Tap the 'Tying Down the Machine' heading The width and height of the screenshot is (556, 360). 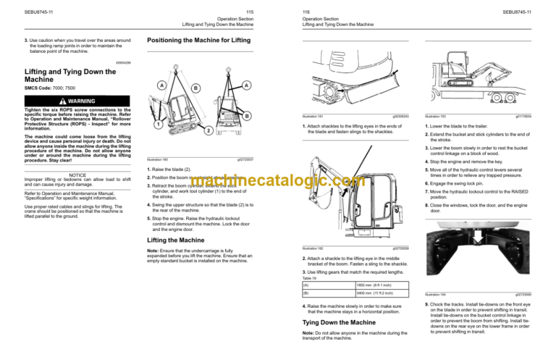coord(336,320)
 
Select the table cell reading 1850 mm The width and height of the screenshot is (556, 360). coord(371,285)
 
